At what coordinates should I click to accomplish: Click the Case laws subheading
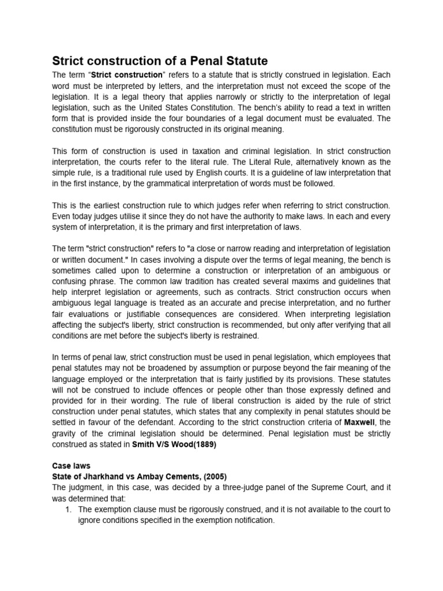click(71, 465)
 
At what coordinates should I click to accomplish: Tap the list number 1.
click(68, 509)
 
